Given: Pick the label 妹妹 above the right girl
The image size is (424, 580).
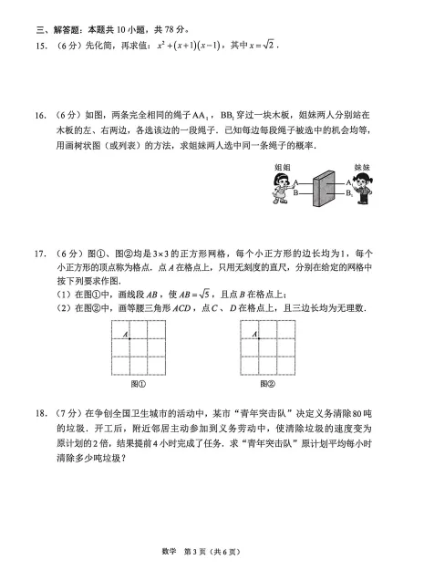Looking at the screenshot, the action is (x=362, y=168).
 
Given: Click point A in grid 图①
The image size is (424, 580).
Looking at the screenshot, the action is (x=129, y=340).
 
